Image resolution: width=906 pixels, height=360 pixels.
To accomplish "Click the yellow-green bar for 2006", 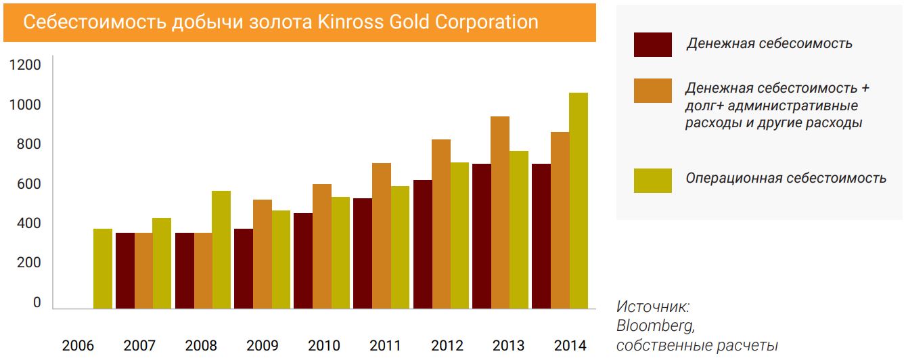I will pyautogui.click(x=102, y=269).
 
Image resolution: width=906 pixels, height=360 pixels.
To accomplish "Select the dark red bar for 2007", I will pyautogui.click(x=125, y=271).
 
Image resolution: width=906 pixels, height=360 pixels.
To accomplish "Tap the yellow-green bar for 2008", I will pyautogui.click(x=221, y=250).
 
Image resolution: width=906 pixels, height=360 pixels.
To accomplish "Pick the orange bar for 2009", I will pyautogui.click(x=262, y=254).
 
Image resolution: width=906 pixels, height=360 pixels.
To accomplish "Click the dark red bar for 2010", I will pyautogui.click(x=302, y=261).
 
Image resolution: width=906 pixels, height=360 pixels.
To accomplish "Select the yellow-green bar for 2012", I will pyautogui.click(x=459, y=235).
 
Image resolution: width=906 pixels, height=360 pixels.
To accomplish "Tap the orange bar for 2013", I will pyautogui.click(x=500, y=212).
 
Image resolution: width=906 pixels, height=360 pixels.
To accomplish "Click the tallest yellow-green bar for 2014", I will pyautogui.click(x=579, y=200).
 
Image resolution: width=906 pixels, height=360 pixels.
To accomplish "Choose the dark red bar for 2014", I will pyautogui.click(x=541, y=236).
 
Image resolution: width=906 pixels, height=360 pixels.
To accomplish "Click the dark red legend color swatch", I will pyautogui.click(x=652, y=45).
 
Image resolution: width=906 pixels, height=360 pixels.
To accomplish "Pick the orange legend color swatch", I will pyautogui.click(x=652, y=91).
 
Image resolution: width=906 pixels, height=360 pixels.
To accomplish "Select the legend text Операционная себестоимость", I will pyautogui.click(x=786, y=178).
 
